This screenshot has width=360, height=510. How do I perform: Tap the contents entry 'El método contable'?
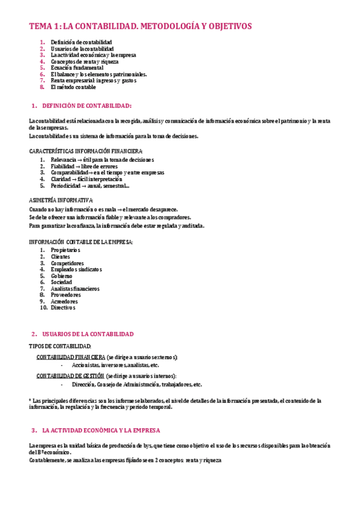(73, 87)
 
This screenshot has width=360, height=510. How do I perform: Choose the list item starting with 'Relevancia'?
(102, 160)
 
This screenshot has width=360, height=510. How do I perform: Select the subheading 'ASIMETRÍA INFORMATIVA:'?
(61, 199)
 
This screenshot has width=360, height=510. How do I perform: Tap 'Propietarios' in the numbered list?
(66, 250)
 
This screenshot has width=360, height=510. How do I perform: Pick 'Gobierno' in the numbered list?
(61, 275)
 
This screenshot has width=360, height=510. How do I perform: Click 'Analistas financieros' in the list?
(75, 289)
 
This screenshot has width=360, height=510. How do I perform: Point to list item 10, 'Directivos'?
(63, 308)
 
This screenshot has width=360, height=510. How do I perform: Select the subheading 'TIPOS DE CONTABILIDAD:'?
(60, 346)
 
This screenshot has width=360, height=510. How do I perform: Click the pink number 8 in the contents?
(43, 87)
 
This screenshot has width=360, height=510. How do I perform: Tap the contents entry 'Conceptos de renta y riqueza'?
(84, 61)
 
